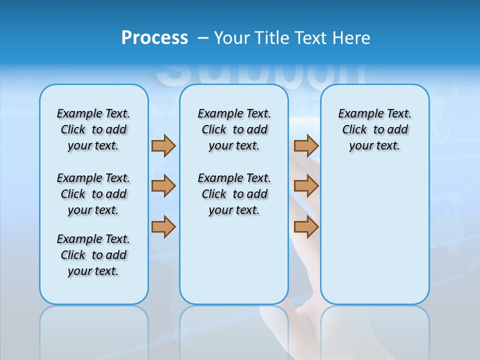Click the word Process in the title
(154, 37)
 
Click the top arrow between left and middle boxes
(163, 145)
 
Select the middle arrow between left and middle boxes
(163, 186)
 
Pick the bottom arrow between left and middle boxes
(163, 226)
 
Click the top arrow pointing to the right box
(306, 145)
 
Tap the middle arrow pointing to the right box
(306, 186)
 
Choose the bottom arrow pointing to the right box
(306, 226)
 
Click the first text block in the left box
(93, 129)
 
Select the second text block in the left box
(93, 194)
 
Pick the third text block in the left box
(93, 255)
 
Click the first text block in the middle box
(234, 129)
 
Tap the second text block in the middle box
(234, 194)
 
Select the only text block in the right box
(374, 129)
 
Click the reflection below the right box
(374, 330)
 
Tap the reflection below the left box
(93, 330)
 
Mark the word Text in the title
(310, 37)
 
